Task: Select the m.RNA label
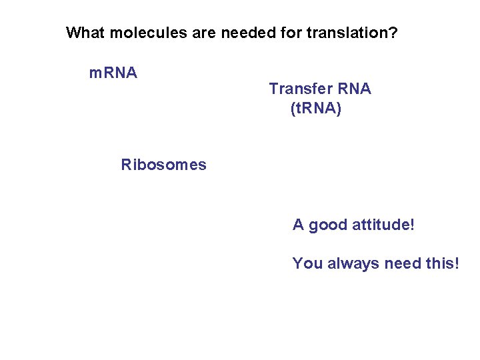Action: (113, 72)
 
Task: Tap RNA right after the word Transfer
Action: (354, 89)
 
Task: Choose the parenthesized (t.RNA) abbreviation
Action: (316, 108)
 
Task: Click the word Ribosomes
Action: (164, 165)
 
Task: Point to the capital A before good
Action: (298, 225)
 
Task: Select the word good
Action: (327, 225)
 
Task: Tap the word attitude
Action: (380, 225)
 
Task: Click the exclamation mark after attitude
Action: (412, 225)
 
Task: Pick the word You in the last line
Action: (307, 263)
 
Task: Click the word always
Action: (353, 263)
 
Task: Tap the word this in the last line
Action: (438, 263)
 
